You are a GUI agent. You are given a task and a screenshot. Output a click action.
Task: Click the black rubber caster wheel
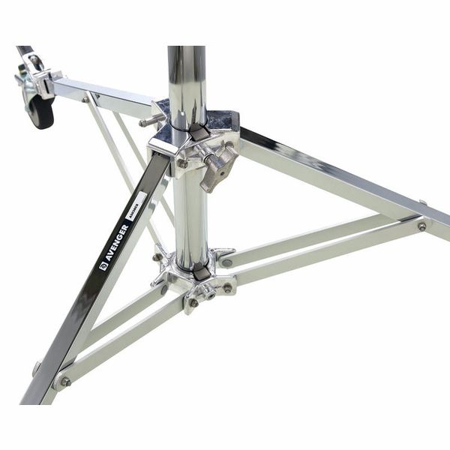[x=41, y=110]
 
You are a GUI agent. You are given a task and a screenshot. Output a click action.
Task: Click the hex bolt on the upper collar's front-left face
[x=182, y=163]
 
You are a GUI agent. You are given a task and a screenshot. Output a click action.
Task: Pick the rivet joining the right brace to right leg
[x=421, y=226]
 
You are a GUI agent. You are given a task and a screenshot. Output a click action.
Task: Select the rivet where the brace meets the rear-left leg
[x=87, y=97]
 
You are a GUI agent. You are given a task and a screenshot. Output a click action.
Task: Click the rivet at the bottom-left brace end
[x=66, y=381]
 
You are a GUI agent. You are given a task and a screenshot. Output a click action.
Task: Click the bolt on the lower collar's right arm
[x=226, y=262]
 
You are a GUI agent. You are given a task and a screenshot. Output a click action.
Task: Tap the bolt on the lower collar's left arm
[x=158, y=257]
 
